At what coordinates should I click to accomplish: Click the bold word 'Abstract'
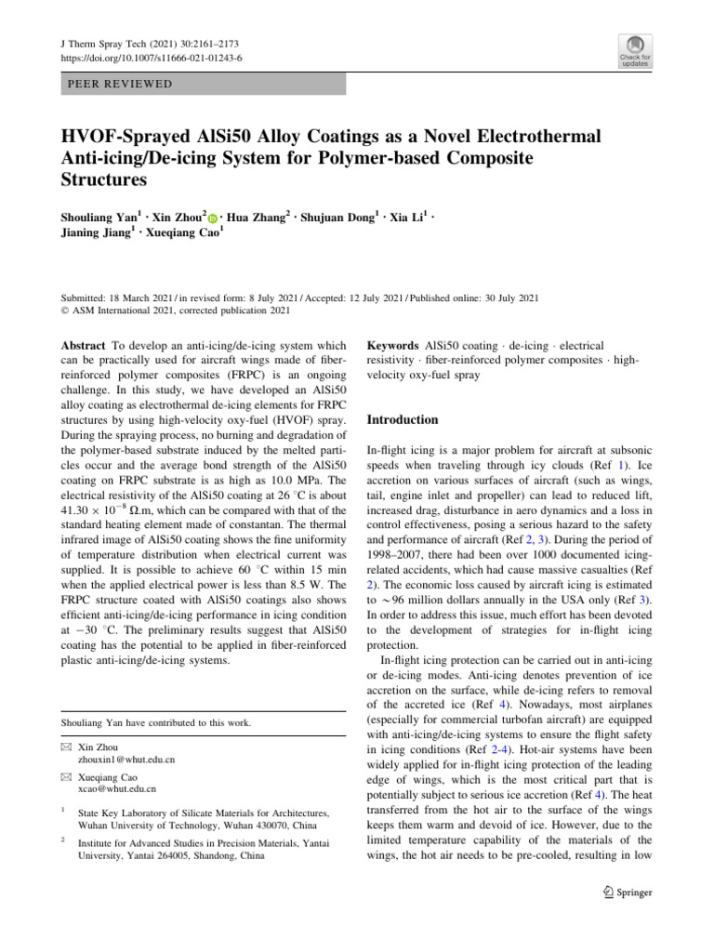click(83, 344)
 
